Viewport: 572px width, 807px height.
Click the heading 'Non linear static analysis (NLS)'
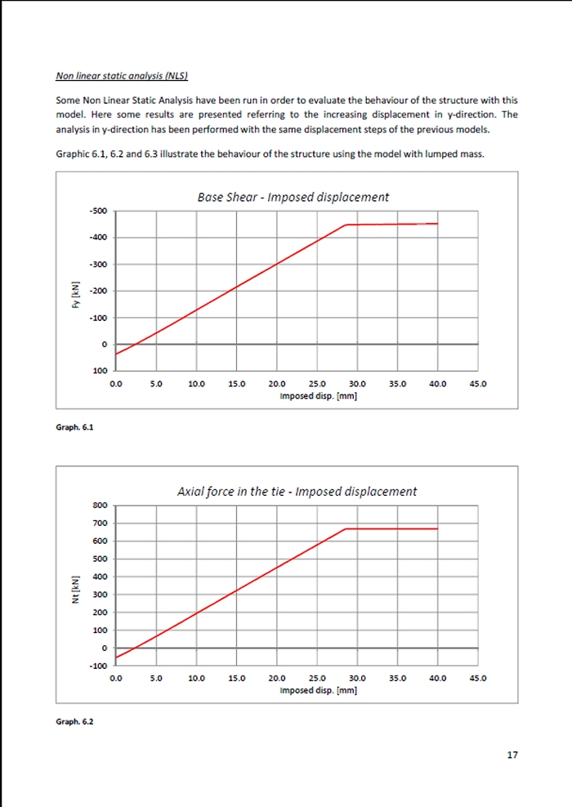pos(122,77)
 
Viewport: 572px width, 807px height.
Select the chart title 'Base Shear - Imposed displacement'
pos(293,197)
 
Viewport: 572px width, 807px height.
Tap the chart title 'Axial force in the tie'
pos(297,492)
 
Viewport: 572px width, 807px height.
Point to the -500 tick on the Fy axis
pos(98,212)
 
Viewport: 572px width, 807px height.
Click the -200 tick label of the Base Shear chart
pos(98,292)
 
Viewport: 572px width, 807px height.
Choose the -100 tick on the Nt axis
pos(98,667)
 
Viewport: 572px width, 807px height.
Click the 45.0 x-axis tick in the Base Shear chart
pos(477,383)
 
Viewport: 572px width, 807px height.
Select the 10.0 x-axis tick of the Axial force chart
pos(196,678)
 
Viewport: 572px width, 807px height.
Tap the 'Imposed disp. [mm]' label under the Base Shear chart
pos(318,395)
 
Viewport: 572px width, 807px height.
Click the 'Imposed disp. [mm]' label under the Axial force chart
pos(318,690)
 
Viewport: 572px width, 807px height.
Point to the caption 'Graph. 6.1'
pos(74,426)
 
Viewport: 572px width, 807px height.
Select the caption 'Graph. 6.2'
pos(74,721)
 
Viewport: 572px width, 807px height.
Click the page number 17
pos(512,755)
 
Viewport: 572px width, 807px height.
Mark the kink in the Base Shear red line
pos(346,225)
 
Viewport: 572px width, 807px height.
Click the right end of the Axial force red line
pos(437,528)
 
